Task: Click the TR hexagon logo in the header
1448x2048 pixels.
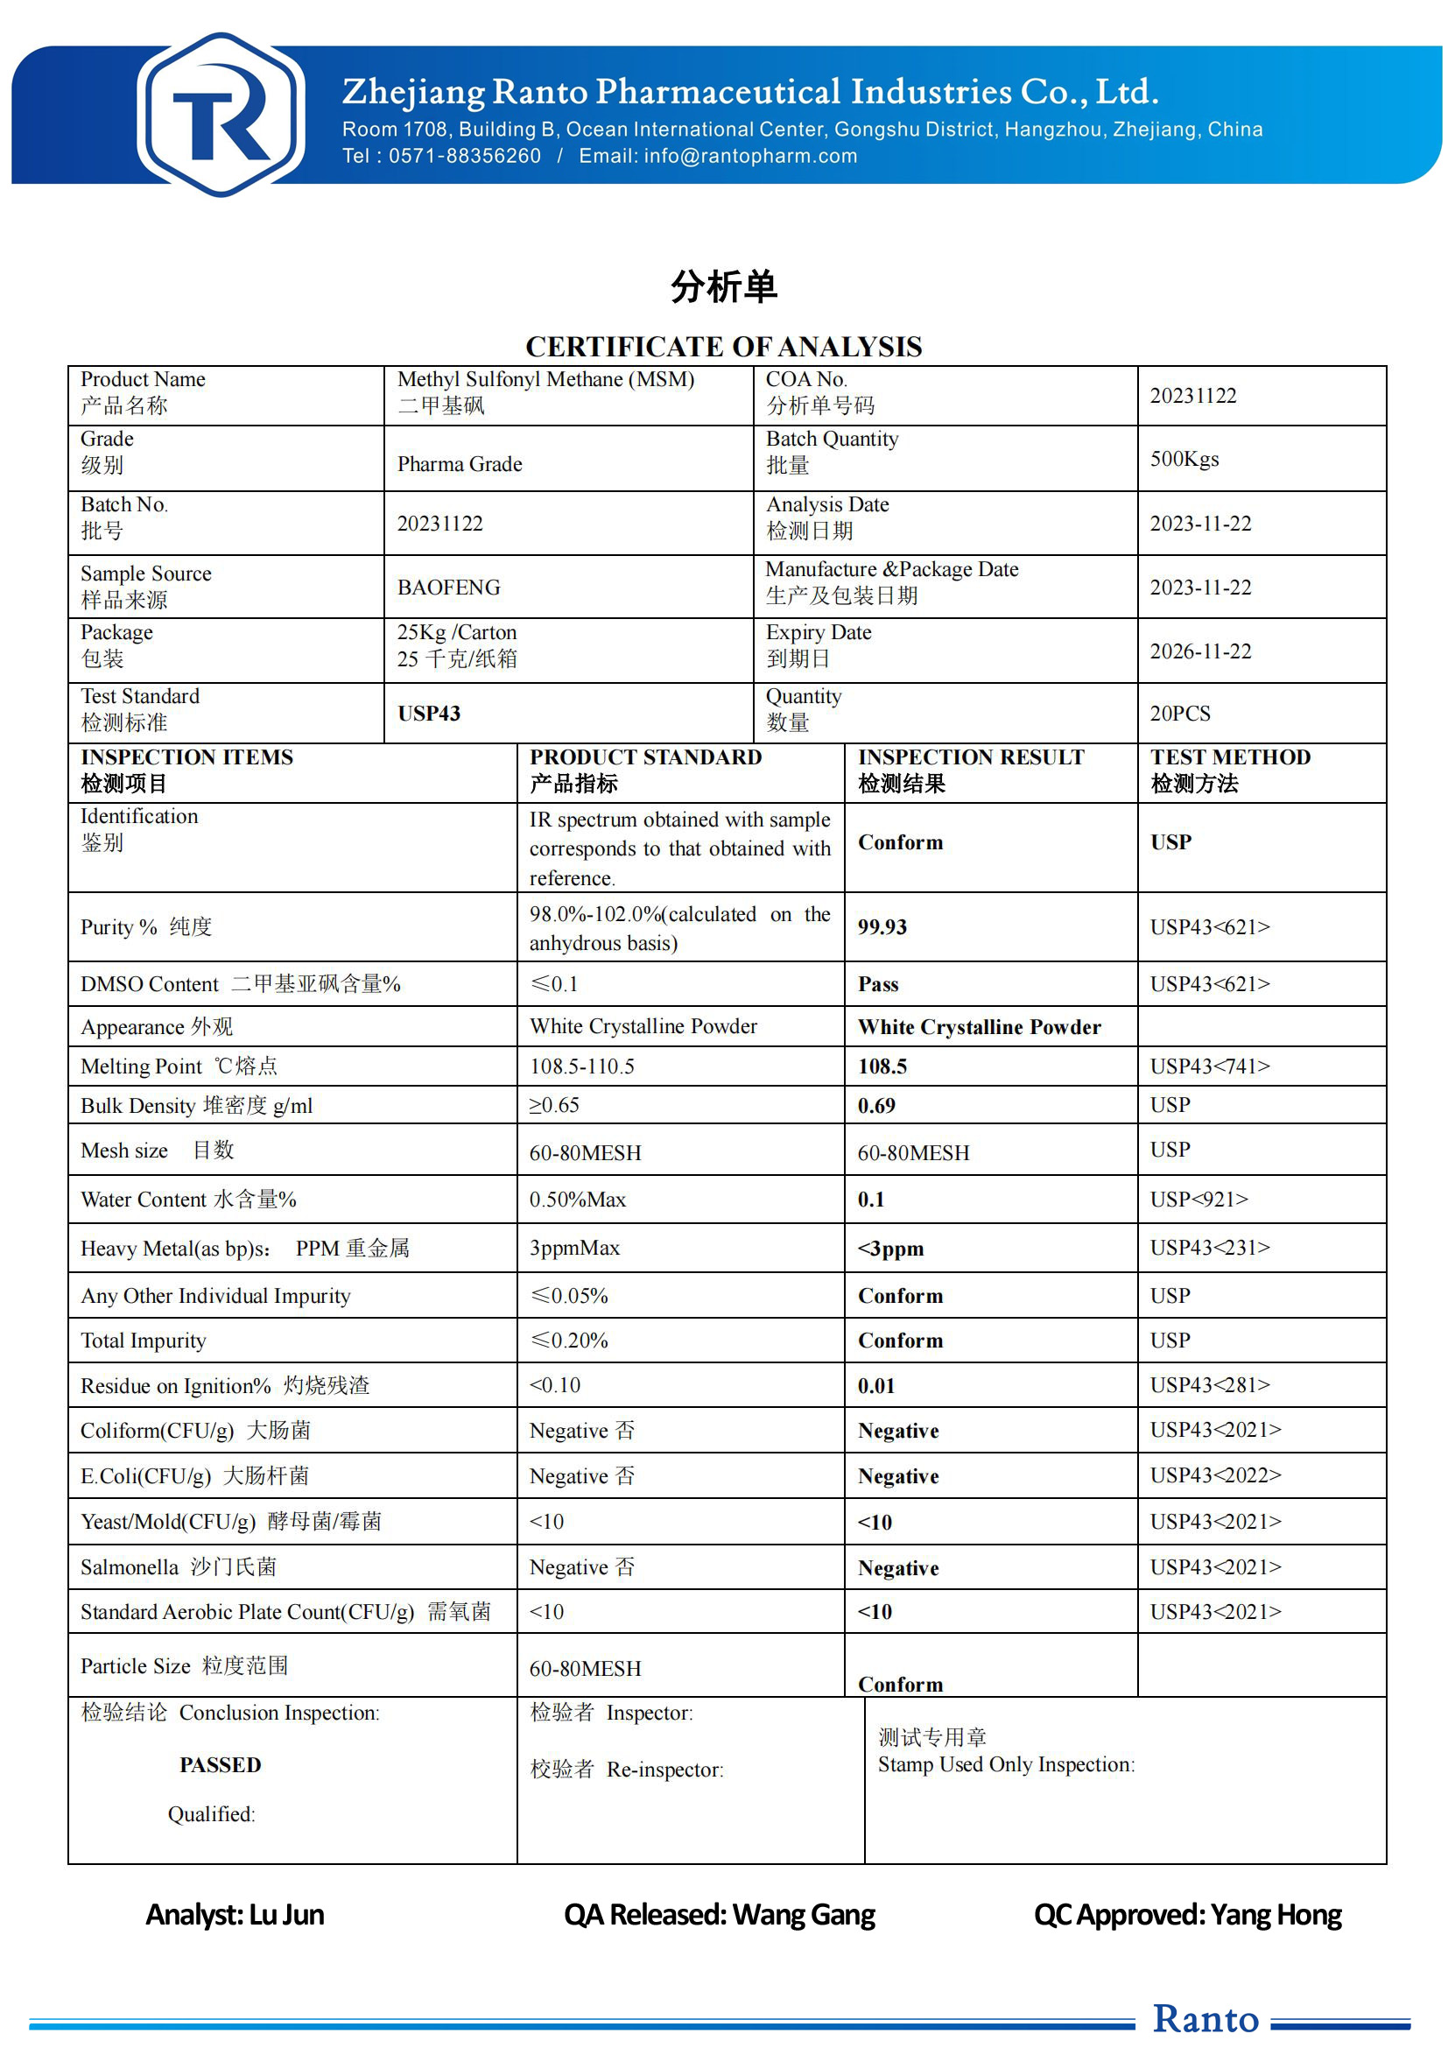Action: point(221,114)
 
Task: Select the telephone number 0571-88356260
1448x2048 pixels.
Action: point(465,156)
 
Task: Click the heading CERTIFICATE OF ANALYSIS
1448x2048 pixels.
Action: point(723,346)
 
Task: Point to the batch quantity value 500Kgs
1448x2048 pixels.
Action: point(1184,460)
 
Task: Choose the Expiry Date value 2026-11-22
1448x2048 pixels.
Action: point(1200,651)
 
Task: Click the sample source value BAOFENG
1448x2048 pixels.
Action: point(448,588)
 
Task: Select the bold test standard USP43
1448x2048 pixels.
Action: point(429,714)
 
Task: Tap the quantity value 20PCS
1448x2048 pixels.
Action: point(1179,714)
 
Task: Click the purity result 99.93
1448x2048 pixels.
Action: point(882,927)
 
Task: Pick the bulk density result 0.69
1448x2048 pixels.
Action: point(876,1106)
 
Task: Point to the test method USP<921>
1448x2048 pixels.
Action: point(1198,1200)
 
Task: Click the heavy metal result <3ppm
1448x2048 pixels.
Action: point(890,1249)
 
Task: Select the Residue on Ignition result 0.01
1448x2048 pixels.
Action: point(876,1386)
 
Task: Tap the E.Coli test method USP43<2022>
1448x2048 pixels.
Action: point(1215,1475)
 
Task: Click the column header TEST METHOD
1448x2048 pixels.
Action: point(1229,757)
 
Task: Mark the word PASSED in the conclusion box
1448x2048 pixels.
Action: point(221,1765)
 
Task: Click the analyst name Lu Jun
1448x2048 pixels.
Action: point(286,1915)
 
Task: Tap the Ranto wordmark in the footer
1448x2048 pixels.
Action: point(1205,2019)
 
